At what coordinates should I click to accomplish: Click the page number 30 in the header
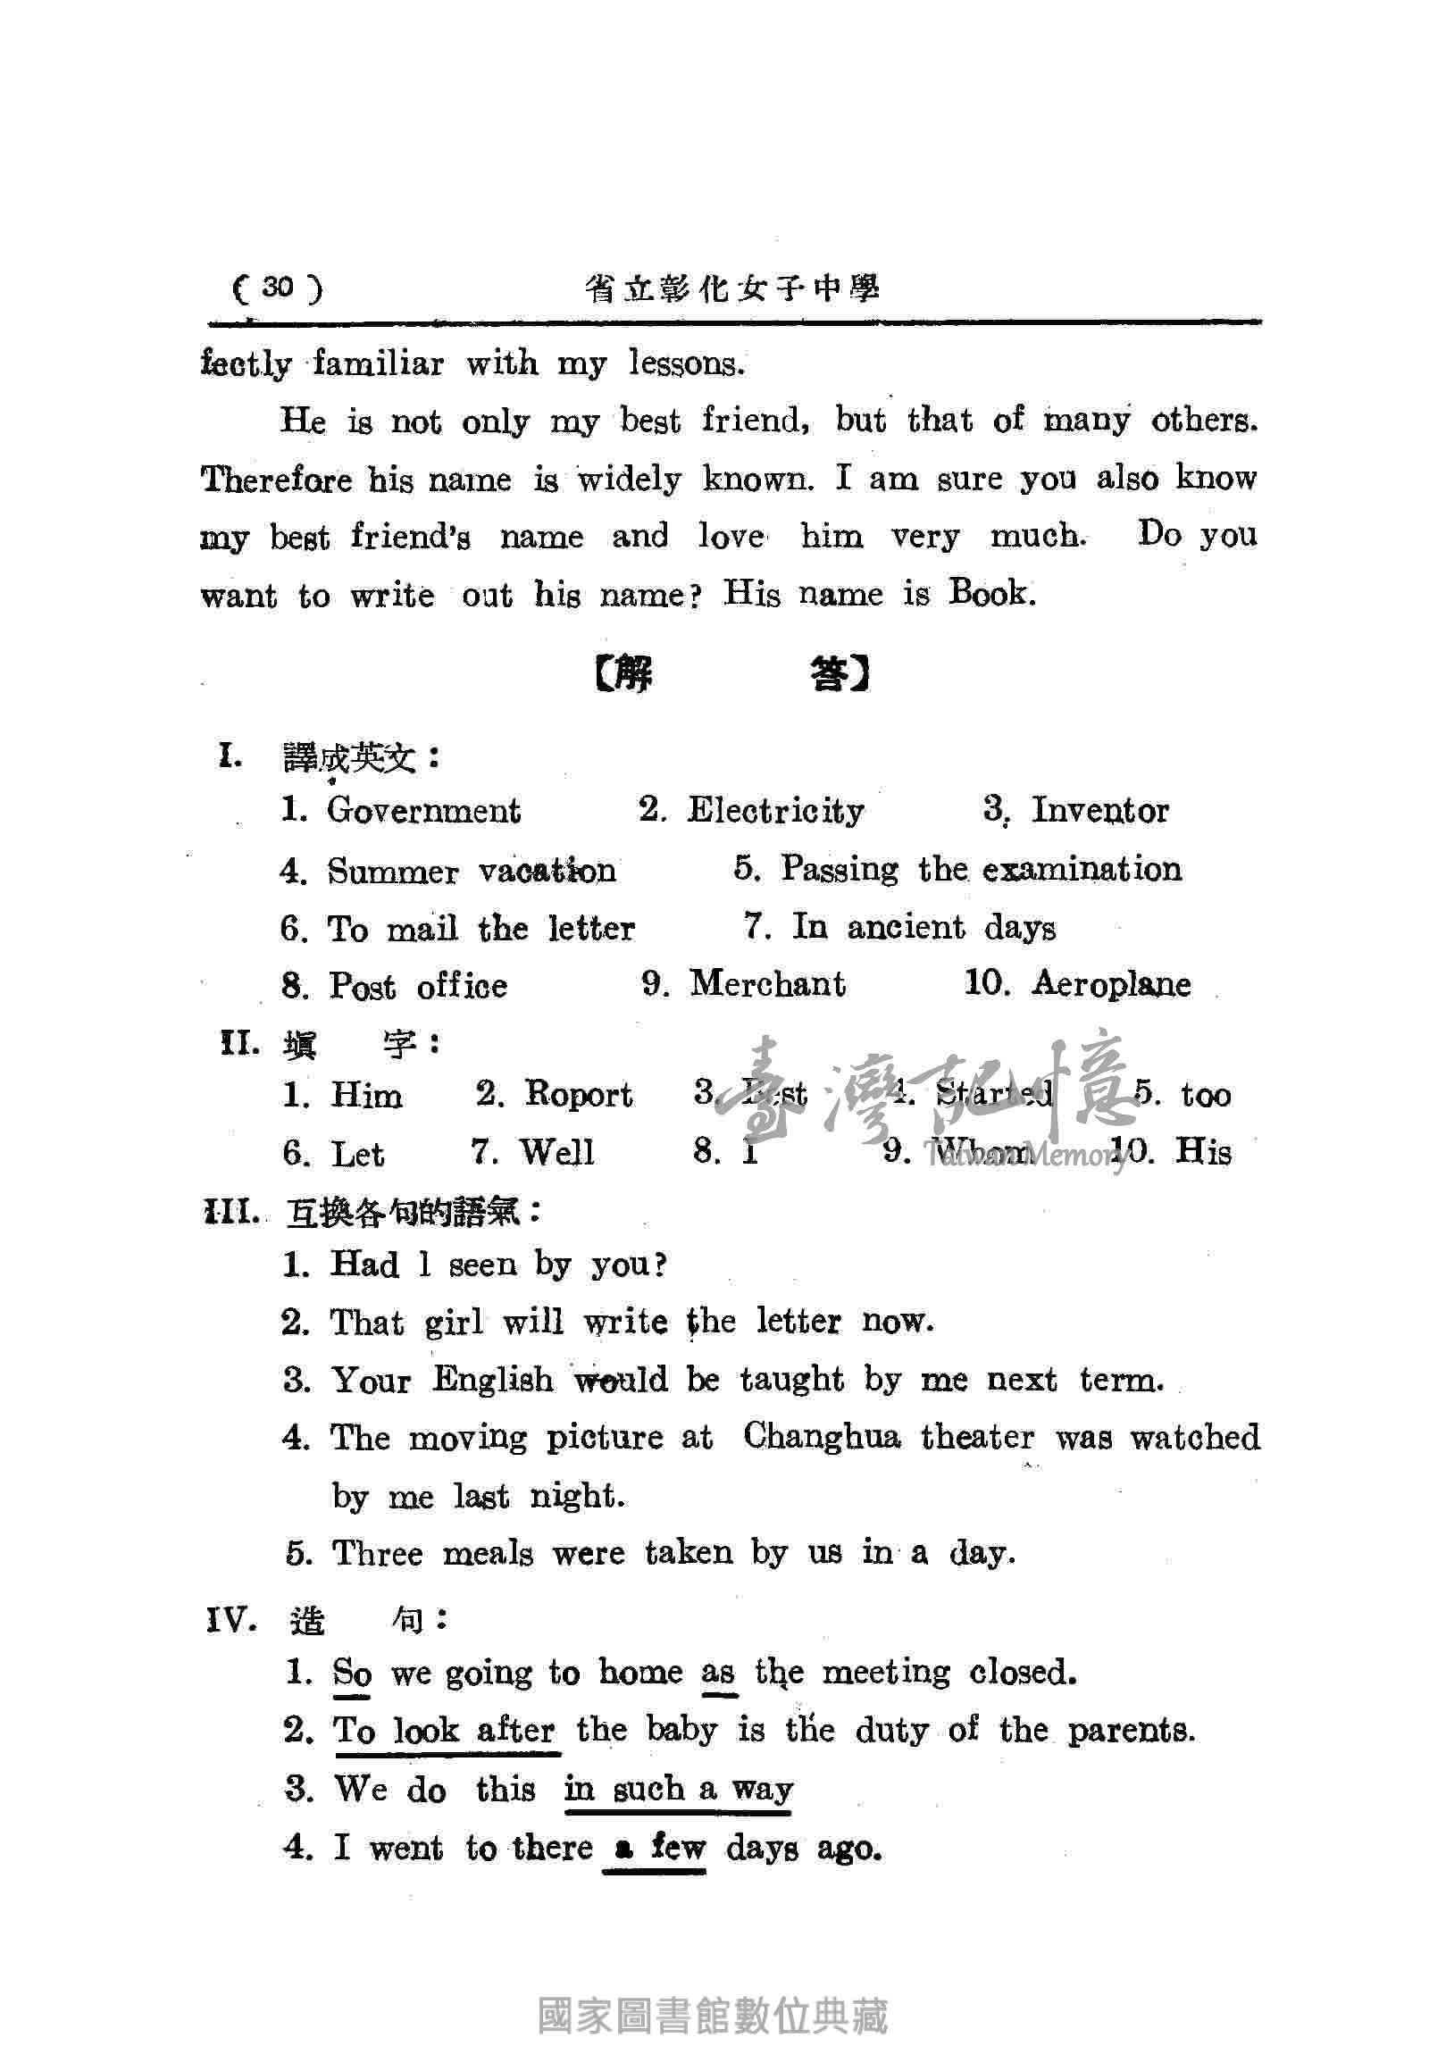278,288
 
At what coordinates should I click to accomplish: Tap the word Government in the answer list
423,811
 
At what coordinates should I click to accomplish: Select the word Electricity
775,811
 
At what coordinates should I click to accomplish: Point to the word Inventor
1099,811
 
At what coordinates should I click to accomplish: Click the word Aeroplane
1111,984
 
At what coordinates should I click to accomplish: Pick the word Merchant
767,984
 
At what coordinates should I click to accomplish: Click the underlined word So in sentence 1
352,1672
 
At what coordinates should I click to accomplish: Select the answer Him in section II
366,1095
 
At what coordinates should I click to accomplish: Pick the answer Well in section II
557,1152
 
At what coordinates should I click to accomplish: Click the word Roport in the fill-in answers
578,1094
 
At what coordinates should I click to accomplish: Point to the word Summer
392,872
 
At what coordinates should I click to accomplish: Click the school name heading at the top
732,289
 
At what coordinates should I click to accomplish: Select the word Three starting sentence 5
377,1553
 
